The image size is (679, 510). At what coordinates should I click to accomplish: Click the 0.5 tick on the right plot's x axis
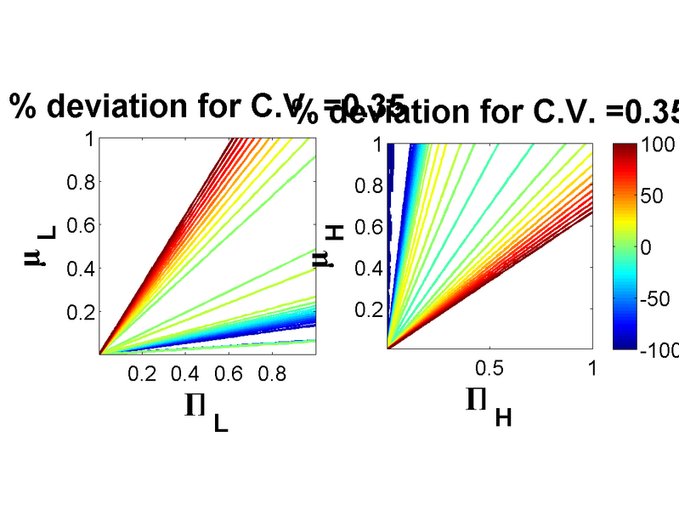click(x=489, y=367)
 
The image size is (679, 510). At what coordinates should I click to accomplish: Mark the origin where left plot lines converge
click(x=100, y=353)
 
